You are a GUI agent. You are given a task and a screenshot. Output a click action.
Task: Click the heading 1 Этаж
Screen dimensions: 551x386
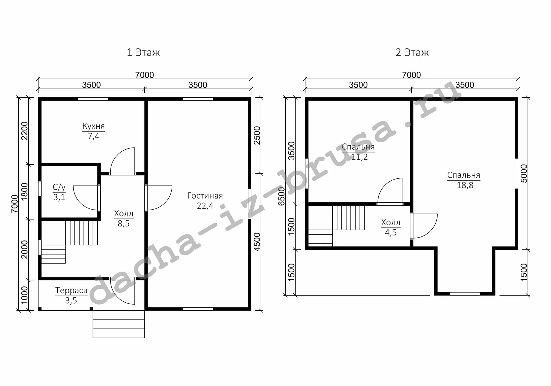[x=143, y=52]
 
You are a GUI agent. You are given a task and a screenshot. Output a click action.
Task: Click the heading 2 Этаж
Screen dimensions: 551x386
[x=412, y=52]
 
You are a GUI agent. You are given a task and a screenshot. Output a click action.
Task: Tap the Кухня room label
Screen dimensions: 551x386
[x=93, y=126]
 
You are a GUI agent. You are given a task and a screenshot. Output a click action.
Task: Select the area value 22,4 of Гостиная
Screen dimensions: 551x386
[x=205, y=206]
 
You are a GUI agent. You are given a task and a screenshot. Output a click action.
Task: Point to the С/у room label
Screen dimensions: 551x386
[x=59, y=187]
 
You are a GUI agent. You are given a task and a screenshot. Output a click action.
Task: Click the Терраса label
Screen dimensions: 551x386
[x=71, y=290]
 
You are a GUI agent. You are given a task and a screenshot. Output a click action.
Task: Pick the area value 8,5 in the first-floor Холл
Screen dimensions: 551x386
[x=123, y=223]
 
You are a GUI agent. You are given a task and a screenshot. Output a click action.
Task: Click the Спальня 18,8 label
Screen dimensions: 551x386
[x=464, y=180]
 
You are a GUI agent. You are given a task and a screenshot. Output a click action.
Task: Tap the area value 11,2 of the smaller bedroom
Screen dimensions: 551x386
[x=360, y=157]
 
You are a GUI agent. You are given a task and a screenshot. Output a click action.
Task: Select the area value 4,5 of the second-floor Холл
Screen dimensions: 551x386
[x=391, y=232]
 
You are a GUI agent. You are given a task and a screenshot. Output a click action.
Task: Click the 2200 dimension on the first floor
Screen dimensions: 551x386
[x=25, y=131]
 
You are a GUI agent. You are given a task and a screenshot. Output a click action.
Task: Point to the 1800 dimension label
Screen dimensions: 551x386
[x=25, y=192]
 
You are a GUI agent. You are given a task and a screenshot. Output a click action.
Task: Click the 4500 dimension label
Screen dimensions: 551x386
[x=257, y=242]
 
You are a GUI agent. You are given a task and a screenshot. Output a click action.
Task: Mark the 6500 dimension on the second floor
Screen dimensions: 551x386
[x=281, y=196]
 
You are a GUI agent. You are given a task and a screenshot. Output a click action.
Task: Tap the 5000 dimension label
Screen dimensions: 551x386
[x=524, y=173]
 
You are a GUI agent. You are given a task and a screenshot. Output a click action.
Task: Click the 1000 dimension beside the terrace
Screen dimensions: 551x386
[x=25, y=295]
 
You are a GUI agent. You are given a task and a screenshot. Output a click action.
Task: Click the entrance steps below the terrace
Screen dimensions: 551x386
[x=119, y=324]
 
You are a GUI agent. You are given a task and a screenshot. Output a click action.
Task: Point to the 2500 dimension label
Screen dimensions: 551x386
[x=257, y=135]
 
